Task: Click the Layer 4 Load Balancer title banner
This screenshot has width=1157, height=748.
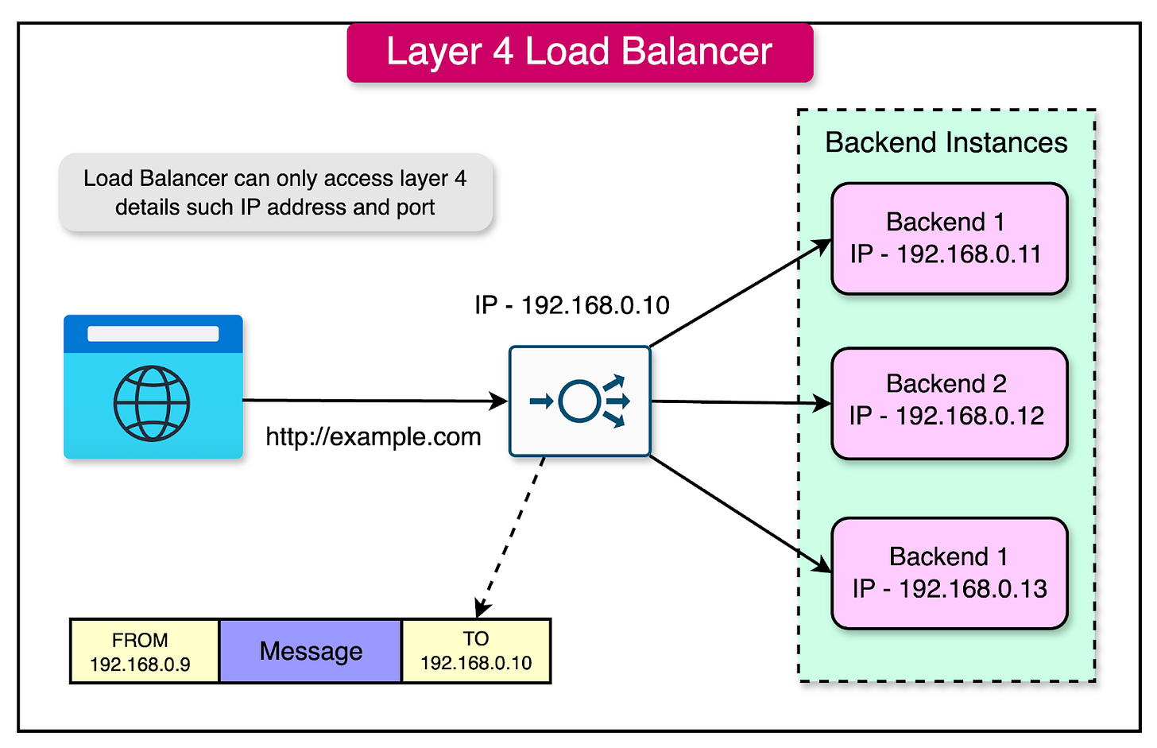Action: [x=579, y=52]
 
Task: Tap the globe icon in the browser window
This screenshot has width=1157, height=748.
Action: [x=152, y=403]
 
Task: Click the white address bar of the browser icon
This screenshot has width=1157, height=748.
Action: [x=153, y=333]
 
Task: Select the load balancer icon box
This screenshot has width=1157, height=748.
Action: [x=579, y=401]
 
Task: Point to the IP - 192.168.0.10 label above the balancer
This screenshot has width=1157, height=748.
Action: [x=571, y=305]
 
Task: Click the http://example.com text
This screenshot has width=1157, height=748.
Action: [x=373, y=437]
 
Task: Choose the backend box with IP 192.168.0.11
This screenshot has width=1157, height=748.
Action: [x=949, y=238]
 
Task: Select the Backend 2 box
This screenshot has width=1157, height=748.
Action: [x=949, y=403]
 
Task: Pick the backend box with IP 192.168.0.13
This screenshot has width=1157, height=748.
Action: [x=949, y=573]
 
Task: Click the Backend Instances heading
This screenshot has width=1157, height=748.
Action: [x=946, y=142]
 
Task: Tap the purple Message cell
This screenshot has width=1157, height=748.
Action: [x=310, y=651]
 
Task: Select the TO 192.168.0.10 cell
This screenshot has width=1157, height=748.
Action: [x=475, y=651]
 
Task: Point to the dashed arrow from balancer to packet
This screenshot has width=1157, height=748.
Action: [x=511, y=537]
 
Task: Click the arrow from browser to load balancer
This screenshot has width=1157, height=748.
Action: [x=373, y=401]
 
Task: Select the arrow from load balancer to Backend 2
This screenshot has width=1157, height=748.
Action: [x=739, y=402]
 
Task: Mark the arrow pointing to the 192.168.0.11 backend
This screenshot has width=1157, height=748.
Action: [x=739, y=294]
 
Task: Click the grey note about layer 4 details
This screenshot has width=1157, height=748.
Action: [x=276, y=192]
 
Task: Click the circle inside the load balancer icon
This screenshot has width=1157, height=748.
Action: [x=579, y=401]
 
